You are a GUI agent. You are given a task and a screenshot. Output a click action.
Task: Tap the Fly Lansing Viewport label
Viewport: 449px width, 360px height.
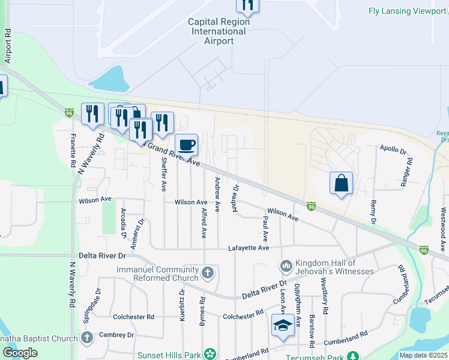407,11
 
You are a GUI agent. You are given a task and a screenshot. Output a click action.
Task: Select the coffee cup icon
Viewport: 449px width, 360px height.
187,145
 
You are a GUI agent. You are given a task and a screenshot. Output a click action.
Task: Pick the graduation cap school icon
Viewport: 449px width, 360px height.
282,325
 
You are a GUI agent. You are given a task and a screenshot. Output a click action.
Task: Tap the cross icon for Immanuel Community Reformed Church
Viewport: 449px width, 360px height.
208,274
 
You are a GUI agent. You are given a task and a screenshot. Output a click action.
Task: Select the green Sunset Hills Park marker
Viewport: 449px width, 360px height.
209,354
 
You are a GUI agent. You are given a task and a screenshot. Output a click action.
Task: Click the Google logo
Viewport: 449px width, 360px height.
20,353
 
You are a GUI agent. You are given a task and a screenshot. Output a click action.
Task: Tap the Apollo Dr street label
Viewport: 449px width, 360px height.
393,148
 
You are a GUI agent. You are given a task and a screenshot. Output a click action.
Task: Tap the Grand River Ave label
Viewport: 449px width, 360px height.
173,154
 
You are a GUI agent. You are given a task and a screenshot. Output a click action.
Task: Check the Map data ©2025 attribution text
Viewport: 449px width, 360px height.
424,355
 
